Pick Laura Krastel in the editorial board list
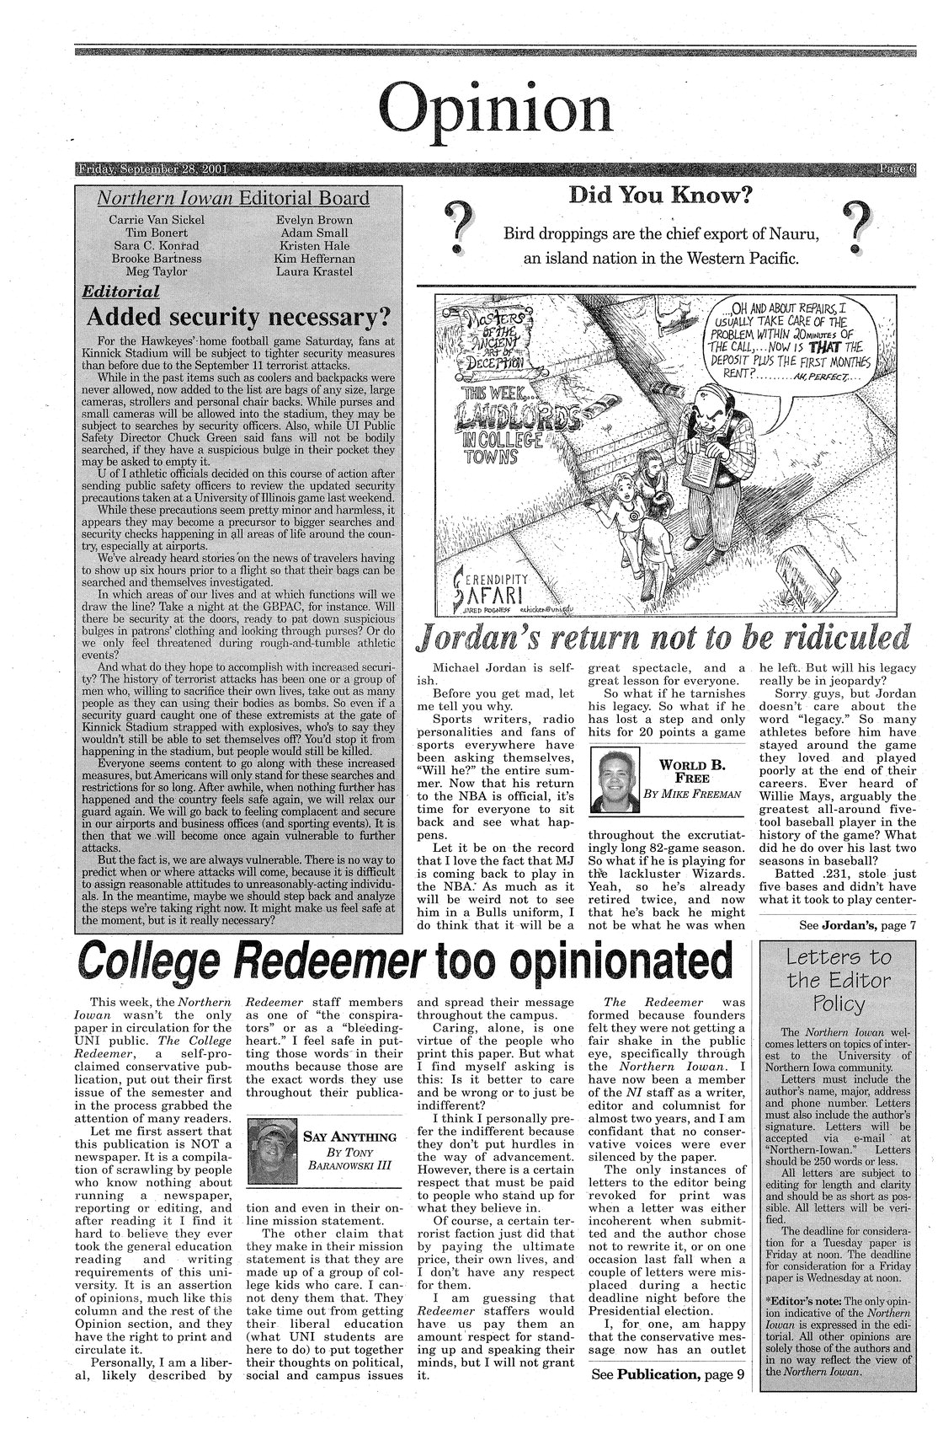314,271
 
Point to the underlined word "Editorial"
120,292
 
